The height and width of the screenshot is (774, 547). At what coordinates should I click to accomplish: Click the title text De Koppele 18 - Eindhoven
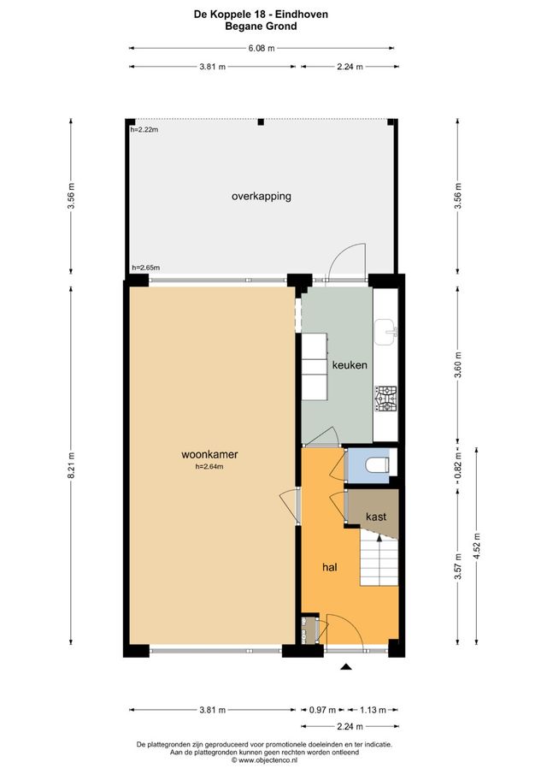tap(261, 15)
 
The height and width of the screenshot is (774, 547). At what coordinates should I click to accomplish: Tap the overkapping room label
tap(261, 196)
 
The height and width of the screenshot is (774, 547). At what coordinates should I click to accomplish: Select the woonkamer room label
tap(209, 454)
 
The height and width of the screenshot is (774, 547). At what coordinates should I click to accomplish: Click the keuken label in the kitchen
tap(350, 365)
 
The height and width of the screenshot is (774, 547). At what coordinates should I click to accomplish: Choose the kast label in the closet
tap(375, 517)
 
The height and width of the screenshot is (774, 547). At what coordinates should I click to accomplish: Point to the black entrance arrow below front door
tap(346, 668)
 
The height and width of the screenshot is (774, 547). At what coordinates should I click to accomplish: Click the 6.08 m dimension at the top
tap(261, 49)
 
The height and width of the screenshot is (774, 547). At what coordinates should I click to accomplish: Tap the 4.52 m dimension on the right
tap(476, 543)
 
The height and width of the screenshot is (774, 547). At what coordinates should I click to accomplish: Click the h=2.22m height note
tap(145, 130)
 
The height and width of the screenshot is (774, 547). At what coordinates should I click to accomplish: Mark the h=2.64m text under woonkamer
tap(209, 467)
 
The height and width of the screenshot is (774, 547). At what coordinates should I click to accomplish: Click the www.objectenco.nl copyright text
tap(261, 759)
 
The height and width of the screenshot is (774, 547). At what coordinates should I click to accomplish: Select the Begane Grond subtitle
tap(261, 27)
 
